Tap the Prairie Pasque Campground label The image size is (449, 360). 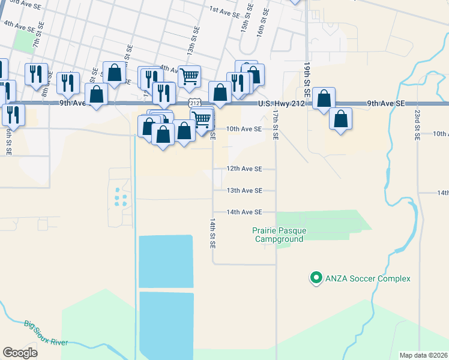(278, 235)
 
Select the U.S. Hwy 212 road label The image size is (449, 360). (282, 104)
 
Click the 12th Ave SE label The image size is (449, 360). (244, 169)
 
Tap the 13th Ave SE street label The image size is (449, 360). (244, 191)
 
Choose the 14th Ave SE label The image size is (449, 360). (244, 212)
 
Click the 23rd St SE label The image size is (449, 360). (417, 124)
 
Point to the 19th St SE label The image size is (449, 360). (306, 79)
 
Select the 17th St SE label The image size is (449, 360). (275, 124)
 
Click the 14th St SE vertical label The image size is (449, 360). (212, 234)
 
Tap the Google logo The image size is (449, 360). (20, 353)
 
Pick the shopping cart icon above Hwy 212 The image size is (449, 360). (190, 76)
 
